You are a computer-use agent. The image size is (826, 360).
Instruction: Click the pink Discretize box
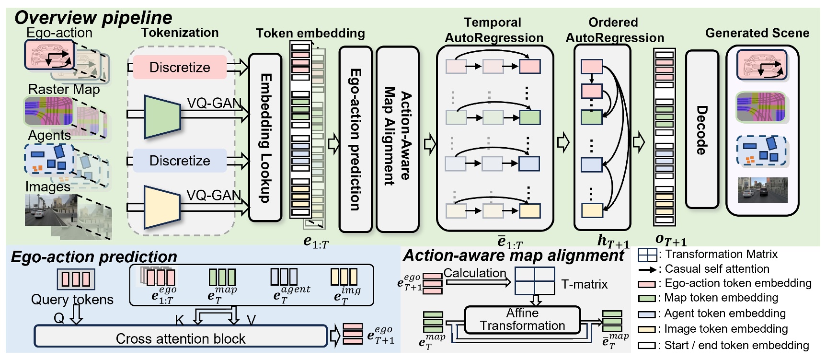(179, 67)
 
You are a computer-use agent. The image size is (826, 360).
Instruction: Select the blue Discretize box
(179, 161)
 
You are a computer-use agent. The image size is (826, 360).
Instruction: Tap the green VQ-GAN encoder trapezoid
(162, 117)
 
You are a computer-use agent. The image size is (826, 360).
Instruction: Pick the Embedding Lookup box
(265, 138)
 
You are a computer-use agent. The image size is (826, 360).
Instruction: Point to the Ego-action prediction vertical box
(355, 139)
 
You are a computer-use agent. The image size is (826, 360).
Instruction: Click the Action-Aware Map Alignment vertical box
(397, 139)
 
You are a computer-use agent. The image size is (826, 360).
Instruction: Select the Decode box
(702, 129)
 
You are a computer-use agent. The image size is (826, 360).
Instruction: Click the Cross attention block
(180, 337)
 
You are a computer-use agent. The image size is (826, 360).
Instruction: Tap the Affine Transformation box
(522, 320)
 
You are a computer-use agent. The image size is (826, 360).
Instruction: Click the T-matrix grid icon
(535, 281)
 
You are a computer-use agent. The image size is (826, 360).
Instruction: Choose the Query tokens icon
(76, 279)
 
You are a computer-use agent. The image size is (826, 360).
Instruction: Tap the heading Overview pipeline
(93, 17)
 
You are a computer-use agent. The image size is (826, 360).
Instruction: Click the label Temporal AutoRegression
(493, 30)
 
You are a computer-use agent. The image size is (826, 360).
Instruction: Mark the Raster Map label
(64, 89)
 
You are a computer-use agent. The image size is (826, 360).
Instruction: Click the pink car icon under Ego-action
(49, 54)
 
